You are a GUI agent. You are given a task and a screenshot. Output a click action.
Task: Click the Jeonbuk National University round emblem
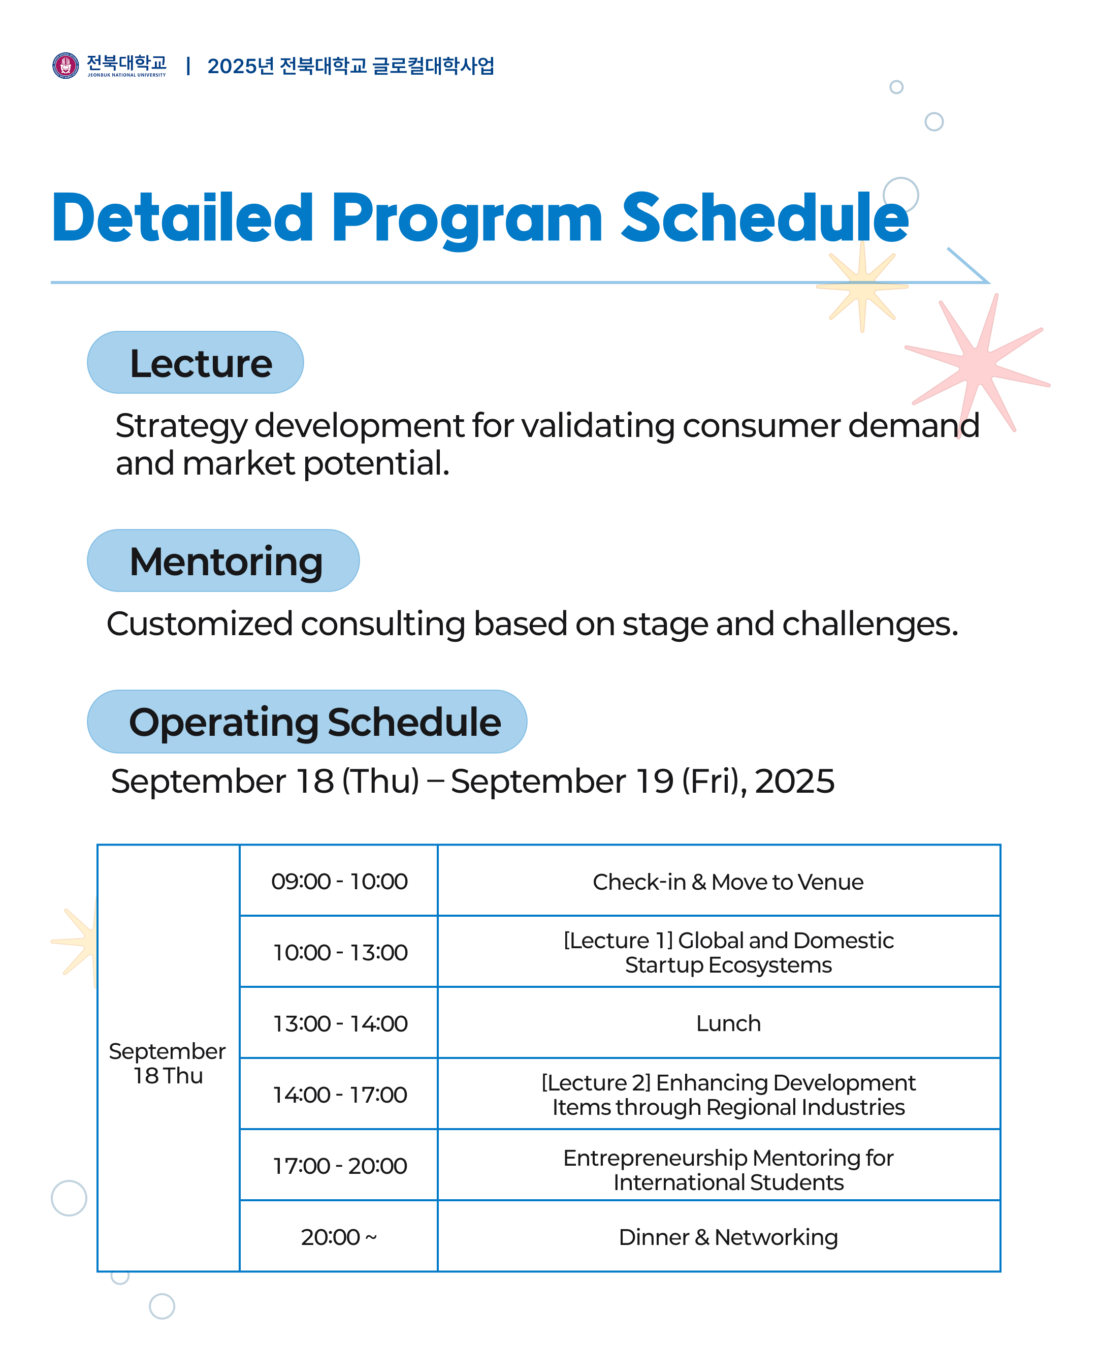[x=66, y=66]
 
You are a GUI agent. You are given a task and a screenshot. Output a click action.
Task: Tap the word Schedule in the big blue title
[x=764, y=219]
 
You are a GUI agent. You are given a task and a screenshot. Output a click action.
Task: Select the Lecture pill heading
[x=195, y=363]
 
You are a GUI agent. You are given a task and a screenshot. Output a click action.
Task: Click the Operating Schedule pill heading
[x=307, y=722]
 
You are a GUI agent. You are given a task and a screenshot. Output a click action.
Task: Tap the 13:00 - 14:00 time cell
[x=339, y=1024]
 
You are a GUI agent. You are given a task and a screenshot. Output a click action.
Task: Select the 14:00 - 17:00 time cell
[x=339, y=1095]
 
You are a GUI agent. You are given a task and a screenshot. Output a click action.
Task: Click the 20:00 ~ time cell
[x=339, y=1238]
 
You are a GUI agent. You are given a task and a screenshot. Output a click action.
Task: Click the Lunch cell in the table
[x=728, y=1024]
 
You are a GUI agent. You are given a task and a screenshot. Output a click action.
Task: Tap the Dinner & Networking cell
[x=728, y=1238]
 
